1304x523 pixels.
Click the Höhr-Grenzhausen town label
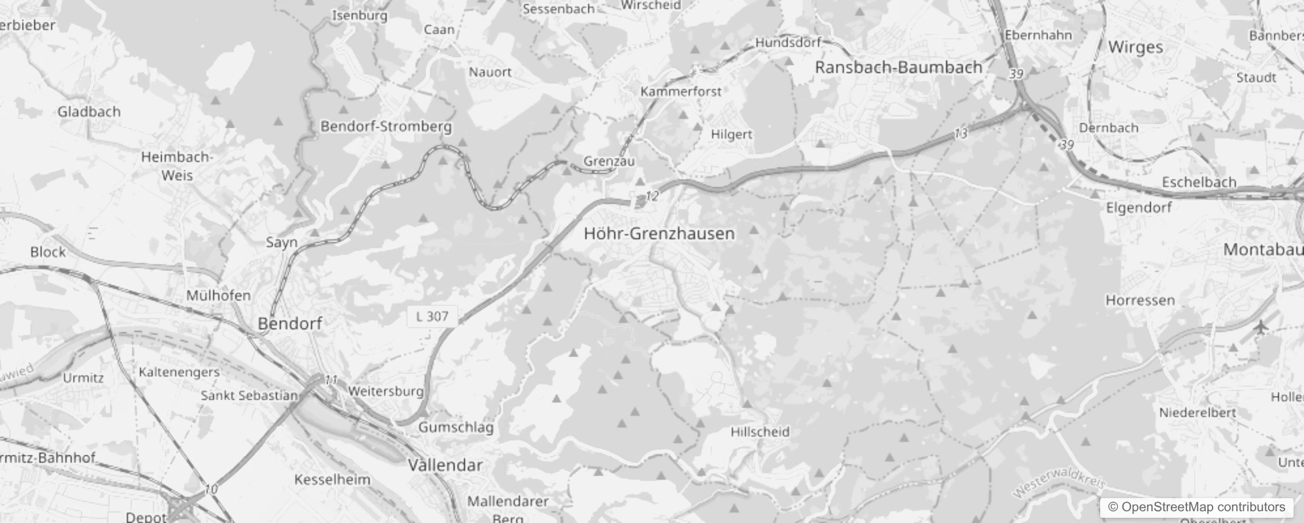(659, 233)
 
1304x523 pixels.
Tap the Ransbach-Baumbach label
(899, 67)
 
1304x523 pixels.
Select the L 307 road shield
(432, 316)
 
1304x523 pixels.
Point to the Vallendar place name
(445, 465)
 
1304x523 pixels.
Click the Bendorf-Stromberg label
(385, 126)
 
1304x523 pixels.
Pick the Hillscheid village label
(760, 431)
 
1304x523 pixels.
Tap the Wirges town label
(1135, 47)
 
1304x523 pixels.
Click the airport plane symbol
(1260, 326)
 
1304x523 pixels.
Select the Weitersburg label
(386, 391)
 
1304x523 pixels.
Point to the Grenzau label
(609, 161)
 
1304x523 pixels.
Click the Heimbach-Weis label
(177, 166)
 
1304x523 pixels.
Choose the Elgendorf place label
(1139, 207)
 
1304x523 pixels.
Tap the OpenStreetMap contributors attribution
(1196, 507)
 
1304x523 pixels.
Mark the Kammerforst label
(681, 92)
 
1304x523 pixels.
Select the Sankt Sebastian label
(249, 395)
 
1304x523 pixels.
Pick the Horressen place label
(1140, 300)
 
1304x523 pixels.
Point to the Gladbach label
(89, 112)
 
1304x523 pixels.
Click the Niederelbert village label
(1198, 413)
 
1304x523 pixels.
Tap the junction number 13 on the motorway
(960, 133)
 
